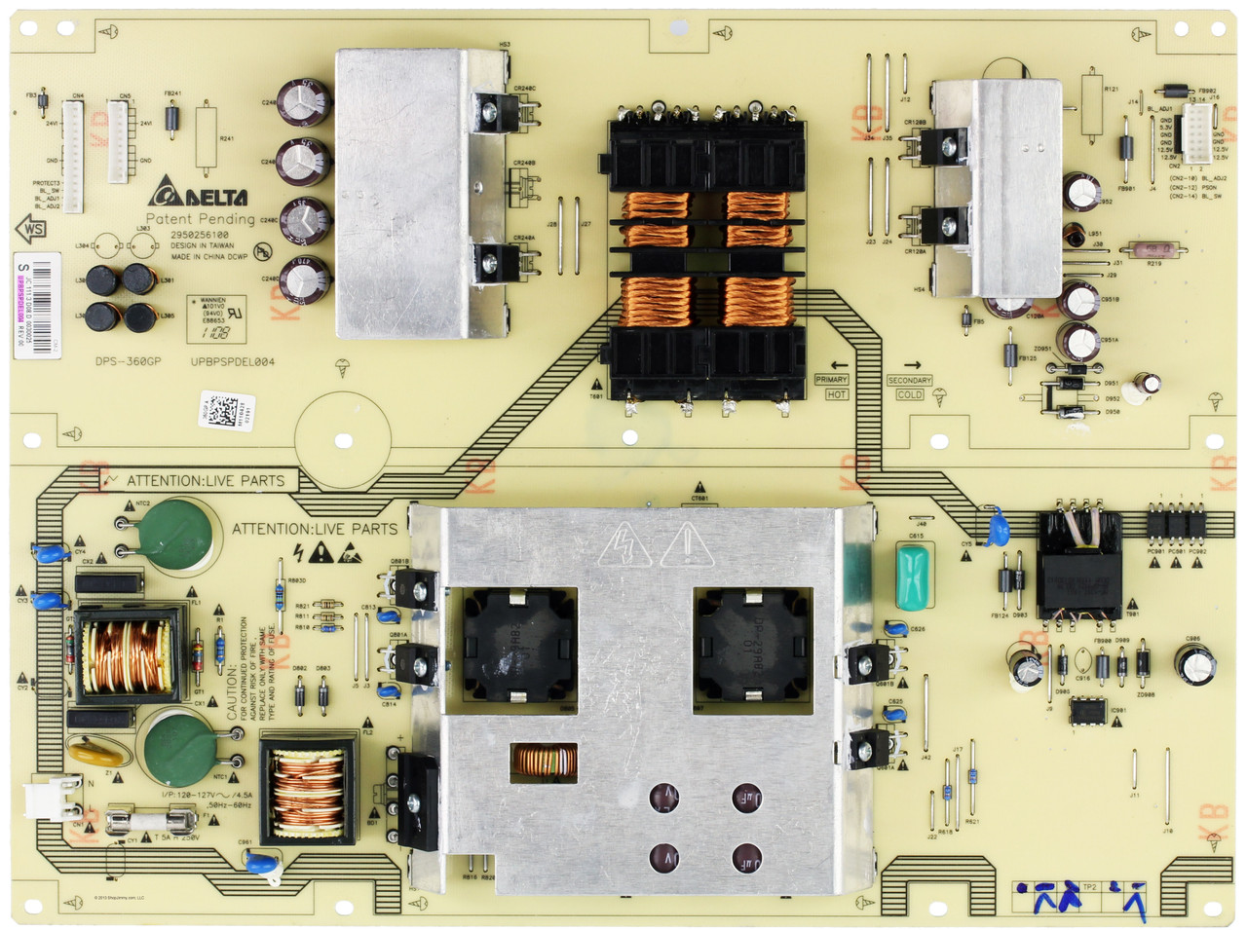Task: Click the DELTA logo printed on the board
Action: (199, 195)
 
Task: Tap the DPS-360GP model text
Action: (128, 361)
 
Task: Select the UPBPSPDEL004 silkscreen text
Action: (232, 361)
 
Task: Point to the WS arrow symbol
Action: (31, 230)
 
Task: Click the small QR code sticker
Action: (218, 405)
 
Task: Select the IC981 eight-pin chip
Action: (1087, 710)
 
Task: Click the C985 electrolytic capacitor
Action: (1193, 663)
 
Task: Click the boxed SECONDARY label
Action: (909, 380)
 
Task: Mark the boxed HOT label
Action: (836, 394)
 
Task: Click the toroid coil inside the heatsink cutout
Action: (544, 761)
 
